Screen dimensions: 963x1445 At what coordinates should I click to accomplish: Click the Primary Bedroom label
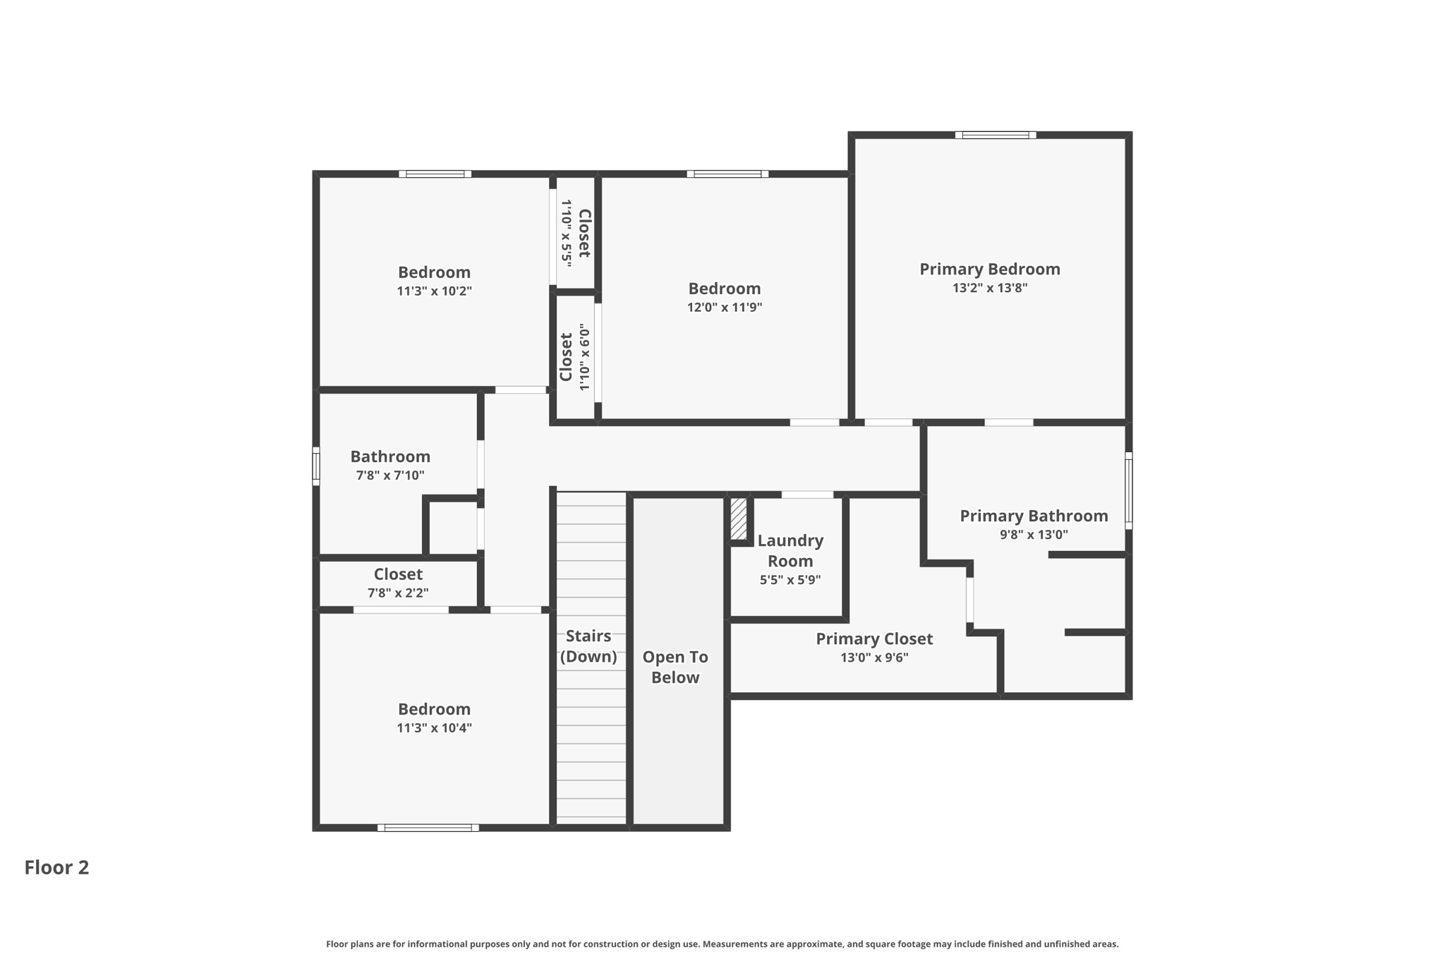[x=989, y=269]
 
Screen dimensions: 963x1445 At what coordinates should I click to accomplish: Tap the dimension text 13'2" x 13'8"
[x=989, y=288]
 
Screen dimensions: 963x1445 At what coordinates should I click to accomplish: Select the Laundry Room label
[x=790, y=550]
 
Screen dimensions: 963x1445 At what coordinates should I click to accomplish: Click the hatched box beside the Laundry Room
[x=738, y=519]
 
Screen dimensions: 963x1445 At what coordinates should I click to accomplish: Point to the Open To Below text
[x=675, y=667]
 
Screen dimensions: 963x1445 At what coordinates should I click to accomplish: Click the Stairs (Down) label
[x=588, y=646]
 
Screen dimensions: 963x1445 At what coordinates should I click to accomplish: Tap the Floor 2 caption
[x=56, y=867]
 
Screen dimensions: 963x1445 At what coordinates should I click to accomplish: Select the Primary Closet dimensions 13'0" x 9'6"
[x=873, y=658]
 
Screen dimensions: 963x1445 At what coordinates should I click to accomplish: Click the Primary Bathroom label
[x=1034, y=516]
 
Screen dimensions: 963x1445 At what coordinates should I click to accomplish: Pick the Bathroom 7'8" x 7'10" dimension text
[x=390, y=476]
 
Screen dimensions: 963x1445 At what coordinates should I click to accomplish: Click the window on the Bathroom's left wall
[x=316, y=466]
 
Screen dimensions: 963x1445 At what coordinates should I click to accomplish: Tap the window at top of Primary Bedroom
[x=996, y=135]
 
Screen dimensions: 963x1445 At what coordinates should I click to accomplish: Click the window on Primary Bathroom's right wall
[x=1128, y=490]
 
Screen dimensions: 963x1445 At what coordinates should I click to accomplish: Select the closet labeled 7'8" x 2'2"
[x=398, y=583]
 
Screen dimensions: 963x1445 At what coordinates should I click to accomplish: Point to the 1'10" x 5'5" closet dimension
[x=567, y=232]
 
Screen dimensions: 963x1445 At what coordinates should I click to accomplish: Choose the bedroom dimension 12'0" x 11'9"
[x=725, y=308]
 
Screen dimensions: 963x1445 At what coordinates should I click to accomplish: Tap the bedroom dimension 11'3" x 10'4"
[x=434, y=728]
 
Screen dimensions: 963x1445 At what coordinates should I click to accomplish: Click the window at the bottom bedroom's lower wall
[x=428, y=828]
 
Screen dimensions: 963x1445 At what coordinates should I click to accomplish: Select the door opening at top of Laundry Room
[x=807, y=495]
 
